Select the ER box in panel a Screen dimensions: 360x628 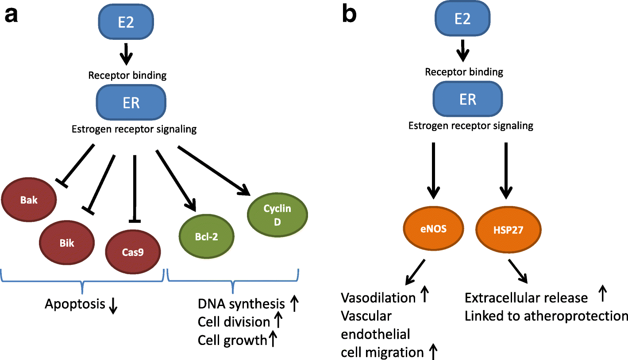point(132,103)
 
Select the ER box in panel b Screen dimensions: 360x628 point(468,99)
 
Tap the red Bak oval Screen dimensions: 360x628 point(29,200)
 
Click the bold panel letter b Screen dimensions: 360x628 point(350,15)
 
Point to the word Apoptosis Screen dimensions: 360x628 point(75,304)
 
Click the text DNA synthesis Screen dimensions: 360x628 point(241,304)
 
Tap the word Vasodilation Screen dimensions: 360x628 point(378,298)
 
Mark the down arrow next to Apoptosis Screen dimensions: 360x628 point(113,306)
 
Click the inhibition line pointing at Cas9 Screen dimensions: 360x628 point(135,188)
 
